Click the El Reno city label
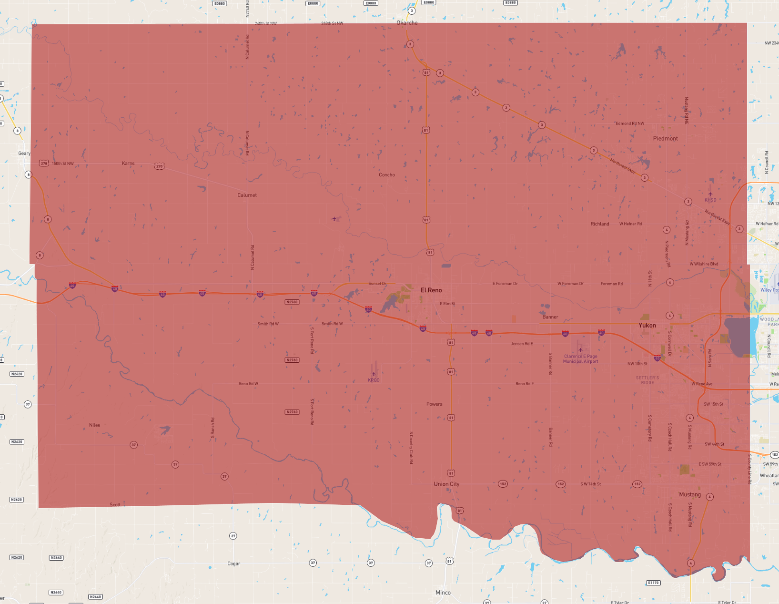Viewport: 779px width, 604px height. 431,290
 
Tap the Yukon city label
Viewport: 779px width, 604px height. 647,326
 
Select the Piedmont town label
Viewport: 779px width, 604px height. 665,139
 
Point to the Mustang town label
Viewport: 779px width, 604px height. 689,495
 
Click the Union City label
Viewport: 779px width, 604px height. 446,484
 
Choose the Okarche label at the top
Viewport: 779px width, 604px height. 407,23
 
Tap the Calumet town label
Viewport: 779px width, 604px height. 247,195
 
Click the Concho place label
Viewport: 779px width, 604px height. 387,175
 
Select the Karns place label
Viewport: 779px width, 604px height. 128,164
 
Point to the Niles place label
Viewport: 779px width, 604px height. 94,425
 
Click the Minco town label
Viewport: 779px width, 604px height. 443,593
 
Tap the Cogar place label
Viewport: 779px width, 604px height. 233,564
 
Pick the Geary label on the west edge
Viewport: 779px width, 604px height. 24,154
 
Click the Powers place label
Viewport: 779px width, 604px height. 434,404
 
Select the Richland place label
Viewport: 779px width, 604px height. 600,224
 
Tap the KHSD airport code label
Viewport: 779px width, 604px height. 710,200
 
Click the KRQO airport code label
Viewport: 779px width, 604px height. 374,380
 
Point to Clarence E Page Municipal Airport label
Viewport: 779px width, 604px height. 580,359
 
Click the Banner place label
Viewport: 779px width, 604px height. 550,317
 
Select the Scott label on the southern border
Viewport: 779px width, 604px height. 115,505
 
